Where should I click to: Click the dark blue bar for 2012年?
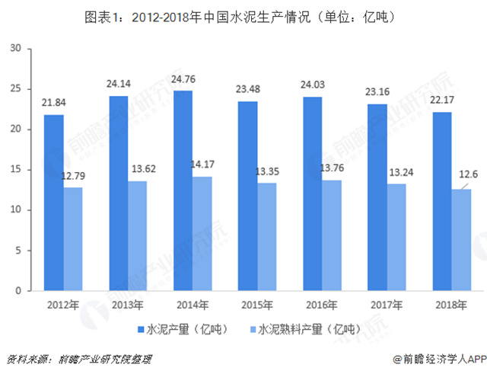point(53,203)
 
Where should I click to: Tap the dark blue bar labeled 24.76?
point(183,190)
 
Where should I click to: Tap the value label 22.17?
point(442,102)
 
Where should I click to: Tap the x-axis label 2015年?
point(257,305)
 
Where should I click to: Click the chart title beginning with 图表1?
point(243,14)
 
